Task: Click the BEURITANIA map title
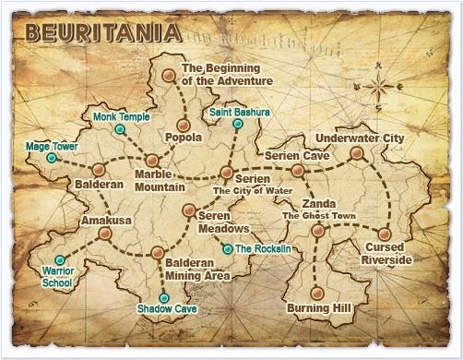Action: [102, 33]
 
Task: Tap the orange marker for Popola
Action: [184, 124]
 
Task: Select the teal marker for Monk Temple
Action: [119, 130]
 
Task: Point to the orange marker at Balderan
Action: [99, 171]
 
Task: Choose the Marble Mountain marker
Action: [151, 160]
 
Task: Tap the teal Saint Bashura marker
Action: [238, 124]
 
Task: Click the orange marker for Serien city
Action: [227, 173]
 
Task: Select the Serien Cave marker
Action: [297, 171]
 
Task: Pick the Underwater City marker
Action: [357, 153]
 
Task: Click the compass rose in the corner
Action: [379, 90]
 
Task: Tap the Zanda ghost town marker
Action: [318, 231]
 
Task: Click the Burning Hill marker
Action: [316, 294]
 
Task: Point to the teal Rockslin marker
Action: [228, 249]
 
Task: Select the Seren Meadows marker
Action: [188, 210]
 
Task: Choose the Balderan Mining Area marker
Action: [158, 252]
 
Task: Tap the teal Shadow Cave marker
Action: [164, 297]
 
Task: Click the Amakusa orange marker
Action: [105, 234]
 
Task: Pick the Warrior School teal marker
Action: [60, 259]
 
